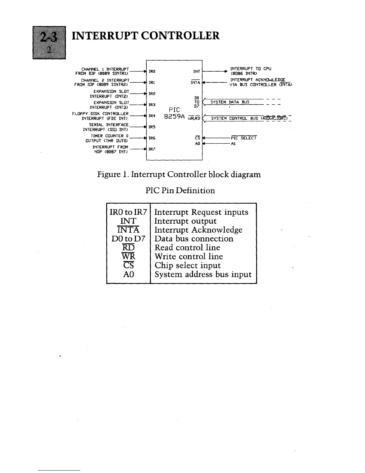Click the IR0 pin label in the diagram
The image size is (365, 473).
[x=152, y=72]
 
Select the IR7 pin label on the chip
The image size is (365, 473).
[x=152, y=149]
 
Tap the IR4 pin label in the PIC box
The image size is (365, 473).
[x=152, y=116]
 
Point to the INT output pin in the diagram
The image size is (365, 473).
[x=197, y=72]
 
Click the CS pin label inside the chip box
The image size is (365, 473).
[x=197, y=138]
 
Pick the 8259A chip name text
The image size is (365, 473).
[x=174, y=116]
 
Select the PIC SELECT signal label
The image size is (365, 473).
[x=244, y=138]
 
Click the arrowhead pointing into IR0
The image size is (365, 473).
[x=145, y=72]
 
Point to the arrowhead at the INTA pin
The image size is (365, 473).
[x=204, y=83]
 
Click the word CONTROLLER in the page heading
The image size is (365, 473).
[x=180, y=36]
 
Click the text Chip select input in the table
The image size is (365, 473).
[x=187, y=265]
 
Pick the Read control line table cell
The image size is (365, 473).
[x=187, y=248]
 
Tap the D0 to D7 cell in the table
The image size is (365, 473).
[x=128, y=239]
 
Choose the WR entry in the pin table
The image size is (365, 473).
[x=129, y=257]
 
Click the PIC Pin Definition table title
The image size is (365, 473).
[x=180, y=191]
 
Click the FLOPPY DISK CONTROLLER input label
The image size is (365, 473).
[x=100, y=114]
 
